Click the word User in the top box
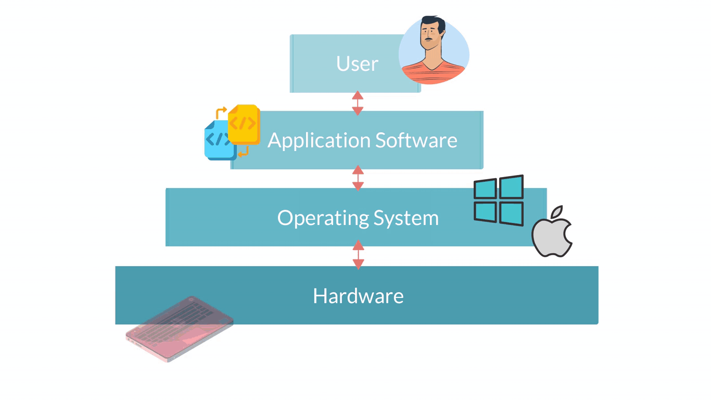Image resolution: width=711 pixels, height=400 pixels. (357, 64)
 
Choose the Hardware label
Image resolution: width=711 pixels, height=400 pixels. (358, 296)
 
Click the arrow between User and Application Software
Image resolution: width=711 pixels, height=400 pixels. (358, 103)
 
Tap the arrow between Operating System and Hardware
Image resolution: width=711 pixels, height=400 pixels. (358, 255)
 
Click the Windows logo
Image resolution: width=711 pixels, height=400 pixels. (499, 201)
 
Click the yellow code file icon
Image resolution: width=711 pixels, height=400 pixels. (244, 124)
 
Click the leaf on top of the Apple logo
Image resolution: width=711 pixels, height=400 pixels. (557, 211)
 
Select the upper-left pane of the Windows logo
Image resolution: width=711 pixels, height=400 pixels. (485, 189)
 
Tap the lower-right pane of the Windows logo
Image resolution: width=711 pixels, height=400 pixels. (511, 214)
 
